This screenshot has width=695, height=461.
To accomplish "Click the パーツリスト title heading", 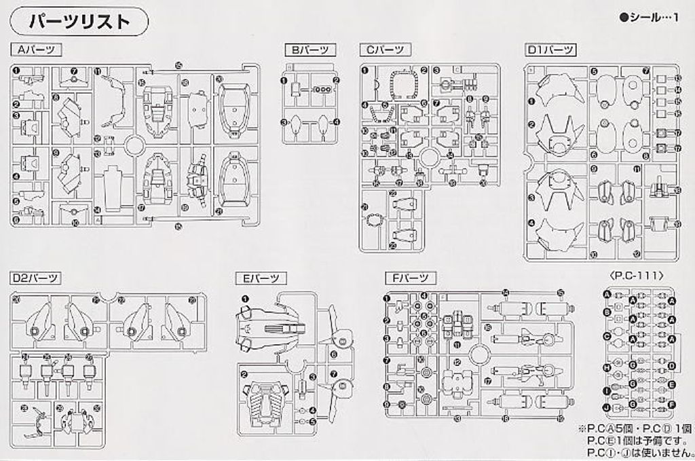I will pos(79,22).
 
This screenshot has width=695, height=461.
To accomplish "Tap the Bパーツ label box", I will pos(309,50).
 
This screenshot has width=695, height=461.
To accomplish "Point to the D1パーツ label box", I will pos(550,50).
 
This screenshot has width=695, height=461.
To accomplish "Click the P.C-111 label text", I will pos(637,276).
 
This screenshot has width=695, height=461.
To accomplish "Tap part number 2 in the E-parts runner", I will pos(244,373).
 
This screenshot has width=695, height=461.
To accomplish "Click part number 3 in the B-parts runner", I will pos(285,122).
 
